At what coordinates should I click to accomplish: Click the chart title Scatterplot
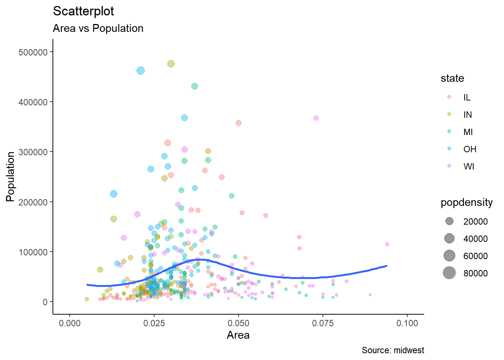[83, 11]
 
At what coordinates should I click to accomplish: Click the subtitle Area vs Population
[98, 28]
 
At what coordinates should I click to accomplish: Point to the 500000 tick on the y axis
[33, 52]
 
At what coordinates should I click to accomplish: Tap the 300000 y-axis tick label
[33, 152]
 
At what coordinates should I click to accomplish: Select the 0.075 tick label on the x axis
[322, 323]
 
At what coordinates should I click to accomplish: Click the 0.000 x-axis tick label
[70, 323]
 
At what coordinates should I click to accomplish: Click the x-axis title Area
[238, 335]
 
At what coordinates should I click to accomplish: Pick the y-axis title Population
[10, 177]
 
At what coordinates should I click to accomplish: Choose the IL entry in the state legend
[466, 97]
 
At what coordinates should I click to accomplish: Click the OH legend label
[469, 149]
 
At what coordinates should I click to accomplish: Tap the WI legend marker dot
[449, 166]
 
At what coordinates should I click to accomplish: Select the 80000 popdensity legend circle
[449, 273]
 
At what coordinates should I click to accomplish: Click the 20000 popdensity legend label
[475, 222]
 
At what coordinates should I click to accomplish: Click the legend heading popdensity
[466, 202]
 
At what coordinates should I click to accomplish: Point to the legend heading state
[452, 78]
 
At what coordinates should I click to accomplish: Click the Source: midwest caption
[393, 350]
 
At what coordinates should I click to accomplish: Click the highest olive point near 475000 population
[171, 64]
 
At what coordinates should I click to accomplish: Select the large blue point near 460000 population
[141, 70]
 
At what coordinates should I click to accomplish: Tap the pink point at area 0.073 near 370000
[316, 118]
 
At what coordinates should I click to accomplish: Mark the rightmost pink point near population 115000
[387, 244]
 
